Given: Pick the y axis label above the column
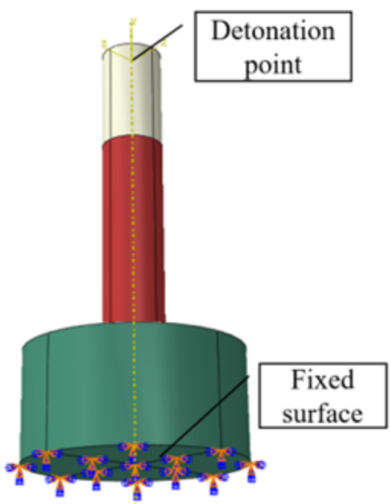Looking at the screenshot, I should click(133, 22).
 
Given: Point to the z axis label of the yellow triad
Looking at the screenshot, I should click(104, 42).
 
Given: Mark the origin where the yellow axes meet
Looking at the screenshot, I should click(132, 59).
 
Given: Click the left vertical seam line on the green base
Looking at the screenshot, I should click(48, 393).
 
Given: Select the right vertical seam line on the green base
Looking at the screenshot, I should click(219, 393).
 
